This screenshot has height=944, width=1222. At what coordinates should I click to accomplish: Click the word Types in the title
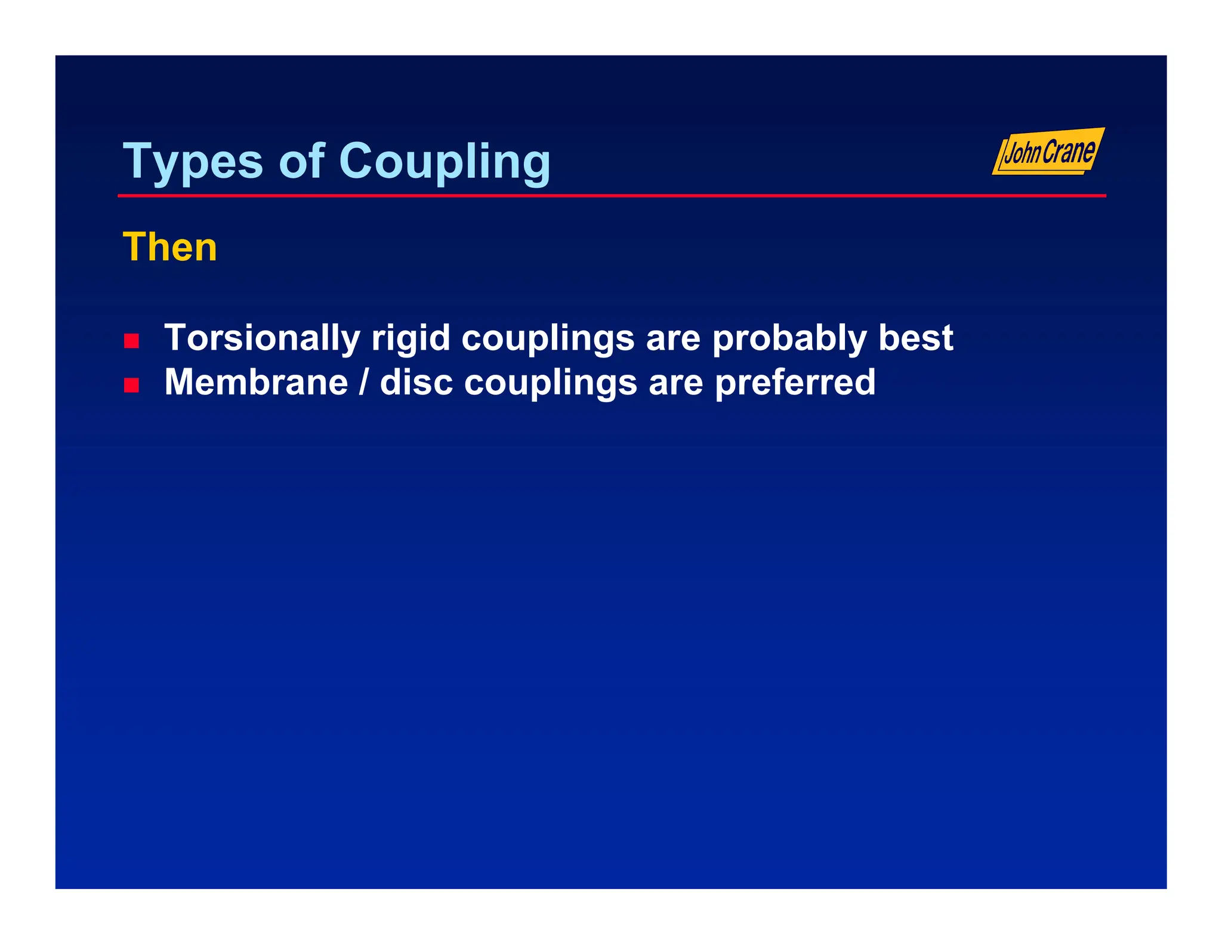pyautogui.click(x=192, y=162)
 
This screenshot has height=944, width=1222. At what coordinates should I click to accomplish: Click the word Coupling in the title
pyautogui.click(x=445, y=162)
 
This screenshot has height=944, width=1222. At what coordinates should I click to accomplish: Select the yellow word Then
pyautogui.click(x=170, y=247)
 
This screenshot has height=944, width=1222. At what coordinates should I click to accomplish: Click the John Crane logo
pyautogui.click(x=1048, y=152)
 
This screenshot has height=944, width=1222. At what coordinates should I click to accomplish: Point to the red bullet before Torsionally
pyautogui.click(x=131, y=341)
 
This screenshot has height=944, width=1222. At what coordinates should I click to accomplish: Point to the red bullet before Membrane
pyautogui.click(x=131, y=385)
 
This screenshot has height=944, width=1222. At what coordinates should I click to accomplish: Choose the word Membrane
pyautogui.click(x=256, y=382)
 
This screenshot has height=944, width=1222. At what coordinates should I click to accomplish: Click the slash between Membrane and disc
pyautogui.click(x=363, y=382)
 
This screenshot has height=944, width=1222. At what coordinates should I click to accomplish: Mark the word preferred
pyautogui.click(x=795, y=382)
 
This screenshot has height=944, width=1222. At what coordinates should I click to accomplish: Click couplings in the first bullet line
pyautogui.click(x=548, y=339)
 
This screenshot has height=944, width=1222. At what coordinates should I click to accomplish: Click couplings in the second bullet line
pyautogui.click(x=550, y=383)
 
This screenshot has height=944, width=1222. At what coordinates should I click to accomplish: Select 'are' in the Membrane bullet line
pyautogui.click(x=676, y=382)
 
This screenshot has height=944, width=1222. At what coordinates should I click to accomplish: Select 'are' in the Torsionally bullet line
pyautogui.click(x=673, y=338)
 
